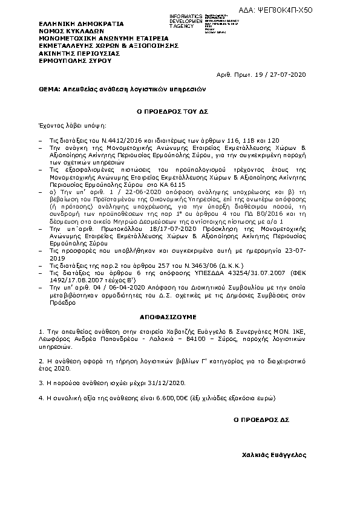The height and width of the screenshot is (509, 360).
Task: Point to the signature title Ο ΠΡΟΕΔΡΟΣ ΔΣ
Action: point(262,419)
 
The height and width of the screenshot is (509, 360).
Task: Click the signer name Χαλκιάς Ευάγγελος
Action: point(274,455)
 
